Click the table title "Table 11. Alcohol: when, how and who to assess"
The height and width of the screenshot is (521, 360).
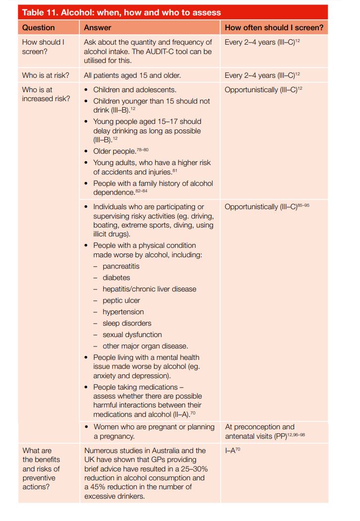121,12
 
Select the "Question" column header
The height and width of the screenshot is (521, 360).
38,28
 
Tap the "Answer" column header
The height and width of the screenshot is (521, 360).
98,28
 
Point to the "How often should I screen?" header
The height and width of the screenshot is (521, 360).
274,28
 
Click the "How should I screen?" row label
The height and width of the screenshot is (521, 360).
43,47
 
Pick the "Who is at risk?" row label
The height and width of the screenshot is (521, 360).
46,75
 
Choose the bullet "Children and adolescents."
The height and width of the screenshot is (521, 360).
134,90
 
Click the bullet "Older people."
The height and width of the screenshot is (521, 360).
114,151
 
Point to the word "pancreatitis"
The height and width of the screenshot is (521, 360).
121,266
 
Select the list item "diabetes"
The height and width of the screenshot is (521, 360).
116,278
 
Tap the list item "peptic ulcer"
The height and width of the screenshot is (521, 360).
121,300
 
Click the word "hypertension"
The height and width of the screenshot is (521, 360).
123,312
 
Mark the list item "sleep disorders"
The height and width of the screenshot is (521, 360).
126,323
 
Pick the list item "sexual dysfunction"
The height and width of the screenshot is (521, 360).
132,335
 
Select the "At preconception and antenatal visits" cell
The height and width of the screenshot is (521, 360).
259,431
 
